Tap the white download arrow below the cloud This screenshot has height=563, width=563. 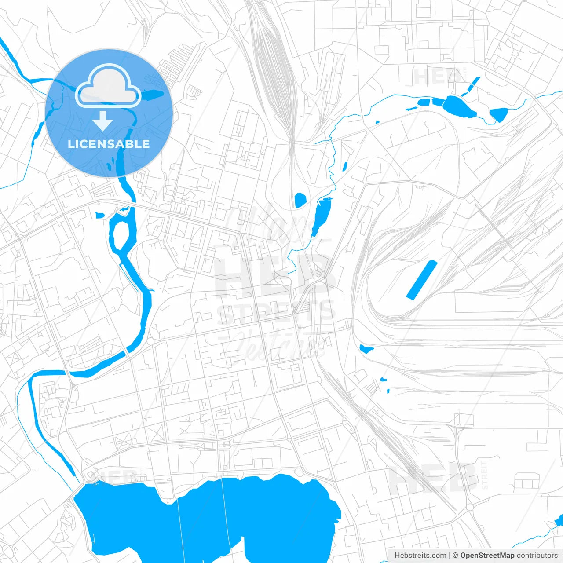click(102, 121)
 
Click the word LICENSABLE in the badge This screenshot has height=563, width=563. click(108, 144)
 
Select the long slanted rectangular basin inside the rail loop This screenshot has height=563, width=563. click(421, 280)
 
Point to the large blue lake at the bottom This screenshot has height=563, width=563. click(207, 519)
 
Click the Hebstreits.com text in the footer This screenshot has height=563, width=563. click(420, 556)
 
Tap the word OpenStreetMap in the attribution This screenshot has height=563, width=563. click(487, 556)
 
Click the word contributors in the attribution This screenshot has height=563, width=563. click(537, 556)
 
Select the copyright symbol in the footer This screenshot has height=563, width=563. click(455, 556)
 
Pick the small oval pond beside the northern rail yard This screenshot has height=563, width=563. click(300, 200)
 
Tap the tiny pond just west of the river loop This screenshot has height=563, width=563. click(100, 215)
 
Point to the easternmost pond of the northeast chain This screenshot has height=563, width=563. click(498, 114)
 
